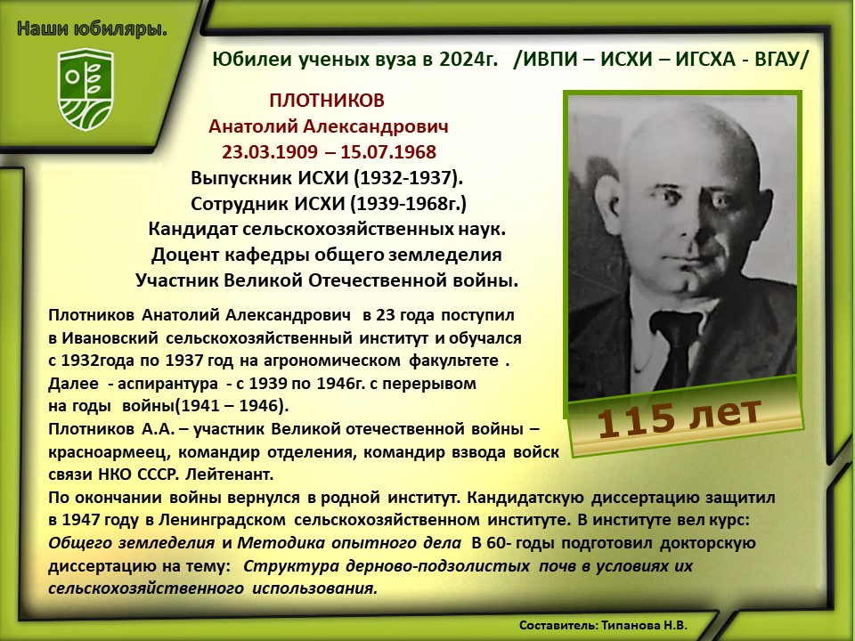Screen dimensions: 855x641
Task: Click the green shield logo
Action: coord(85,89)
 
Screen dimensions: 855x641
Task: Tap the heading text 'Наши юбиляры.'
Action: coord(92,28)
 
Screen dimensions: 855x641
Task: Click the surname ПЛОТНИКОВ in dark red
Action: coord(327,101)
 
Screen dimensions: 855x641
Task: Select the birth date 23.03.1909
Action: coord(269,151)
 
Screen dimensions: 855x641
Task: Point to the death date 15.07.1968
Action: coord(388,151)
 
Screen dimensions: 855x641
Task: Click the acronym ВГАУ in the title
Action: coord(774,59)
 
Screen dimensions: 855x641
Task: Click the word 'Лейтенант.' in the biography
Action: coord(230,475)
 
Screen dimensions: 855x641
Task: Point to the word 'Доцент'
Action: coord(180,256)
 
